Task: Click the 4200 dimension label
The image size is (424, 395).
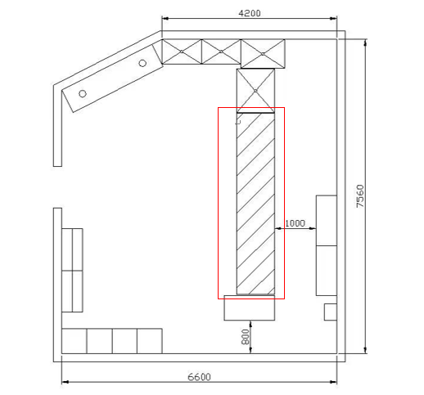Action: point(250,13)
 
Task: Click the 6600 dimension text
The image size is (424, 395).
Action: point(199,377)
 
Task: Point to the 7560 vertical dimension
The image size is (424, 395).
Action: point(360,196)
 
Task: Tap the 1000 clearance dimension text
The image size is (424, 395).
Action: point(295,223)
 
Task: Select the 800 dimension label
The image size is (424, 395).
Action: point(246,337)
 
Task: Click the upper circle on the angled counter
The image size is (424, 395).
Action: point(142,63)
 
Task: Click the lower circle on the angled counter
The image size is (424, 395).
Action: point(83,94)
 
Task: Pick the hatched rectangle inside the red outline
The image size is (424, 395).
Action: point(255,204)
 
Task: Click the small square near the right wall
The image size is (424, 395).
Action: point(331,312)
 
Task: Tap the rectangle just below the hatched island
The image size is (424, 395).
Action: point(250,307)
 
